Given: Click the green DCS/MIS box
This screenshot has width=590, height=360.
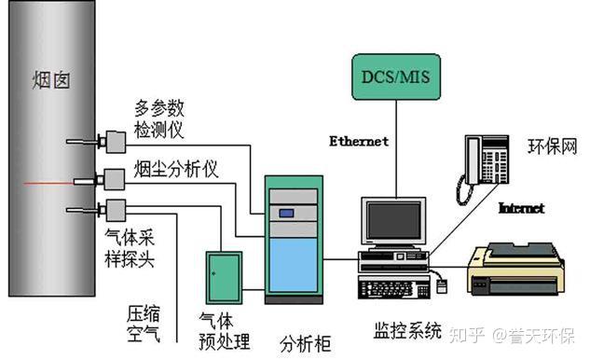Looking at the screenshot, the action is click(x=396, y=76).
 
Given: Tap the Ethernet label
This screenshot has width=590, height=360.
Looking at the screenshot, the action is click(x=359, y=142).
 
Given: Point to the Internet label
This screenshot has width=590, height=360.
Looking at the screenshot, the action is click(x=522, y=208).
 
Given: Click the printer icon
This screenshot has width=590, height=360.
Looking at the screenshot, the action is click(x=515, y=269).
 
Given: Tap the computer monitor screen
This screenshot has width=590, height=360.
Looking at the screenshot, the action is click(x=393, y=220).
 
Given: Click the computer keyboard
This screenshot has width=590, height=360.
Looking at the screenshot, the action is click(x=394, y=288).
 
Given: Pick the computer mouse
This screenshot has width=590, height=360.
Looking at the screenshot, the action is click(x=442, y=286).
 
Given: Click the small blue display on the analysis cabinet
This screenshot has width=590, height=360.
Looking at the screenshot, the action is click(x=286, y=214).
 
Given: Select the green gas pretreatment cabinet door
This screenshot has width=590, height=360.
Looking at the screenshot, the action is click(x=224, y=278).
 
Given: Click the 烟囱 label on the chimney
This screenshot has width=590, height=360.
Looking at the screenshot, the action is click(x=51, y=80).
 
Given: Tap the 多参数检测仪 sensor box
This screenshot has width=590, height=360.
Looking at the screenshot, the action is click(x=116, y=142).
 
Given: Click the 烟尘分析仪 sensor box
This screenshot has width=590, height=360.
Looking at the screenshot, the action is click(x=114, y=180).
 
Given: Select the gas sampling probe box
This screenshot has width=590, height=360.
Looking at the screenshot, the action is click(x=116, y=210).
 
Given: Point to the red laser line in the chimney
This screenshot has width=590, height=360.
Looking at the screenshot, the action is click(x=48, y=184).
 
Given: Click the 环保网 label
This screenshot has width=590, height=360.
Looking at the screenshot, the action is click(x=553, y=146).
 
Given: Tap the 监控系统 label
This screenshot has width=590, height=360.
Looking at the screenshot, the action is click(x=407, y=331).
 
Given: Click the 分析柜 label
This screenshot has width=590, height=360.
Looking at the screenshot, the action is click(x=306, y=343).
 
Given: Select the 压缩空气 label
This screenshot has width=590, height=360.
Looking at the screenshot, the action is click(x=144, y=324).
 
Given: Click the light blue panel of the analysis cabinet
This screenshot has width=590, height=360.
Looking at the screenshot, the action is click(x=294, y=265).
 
